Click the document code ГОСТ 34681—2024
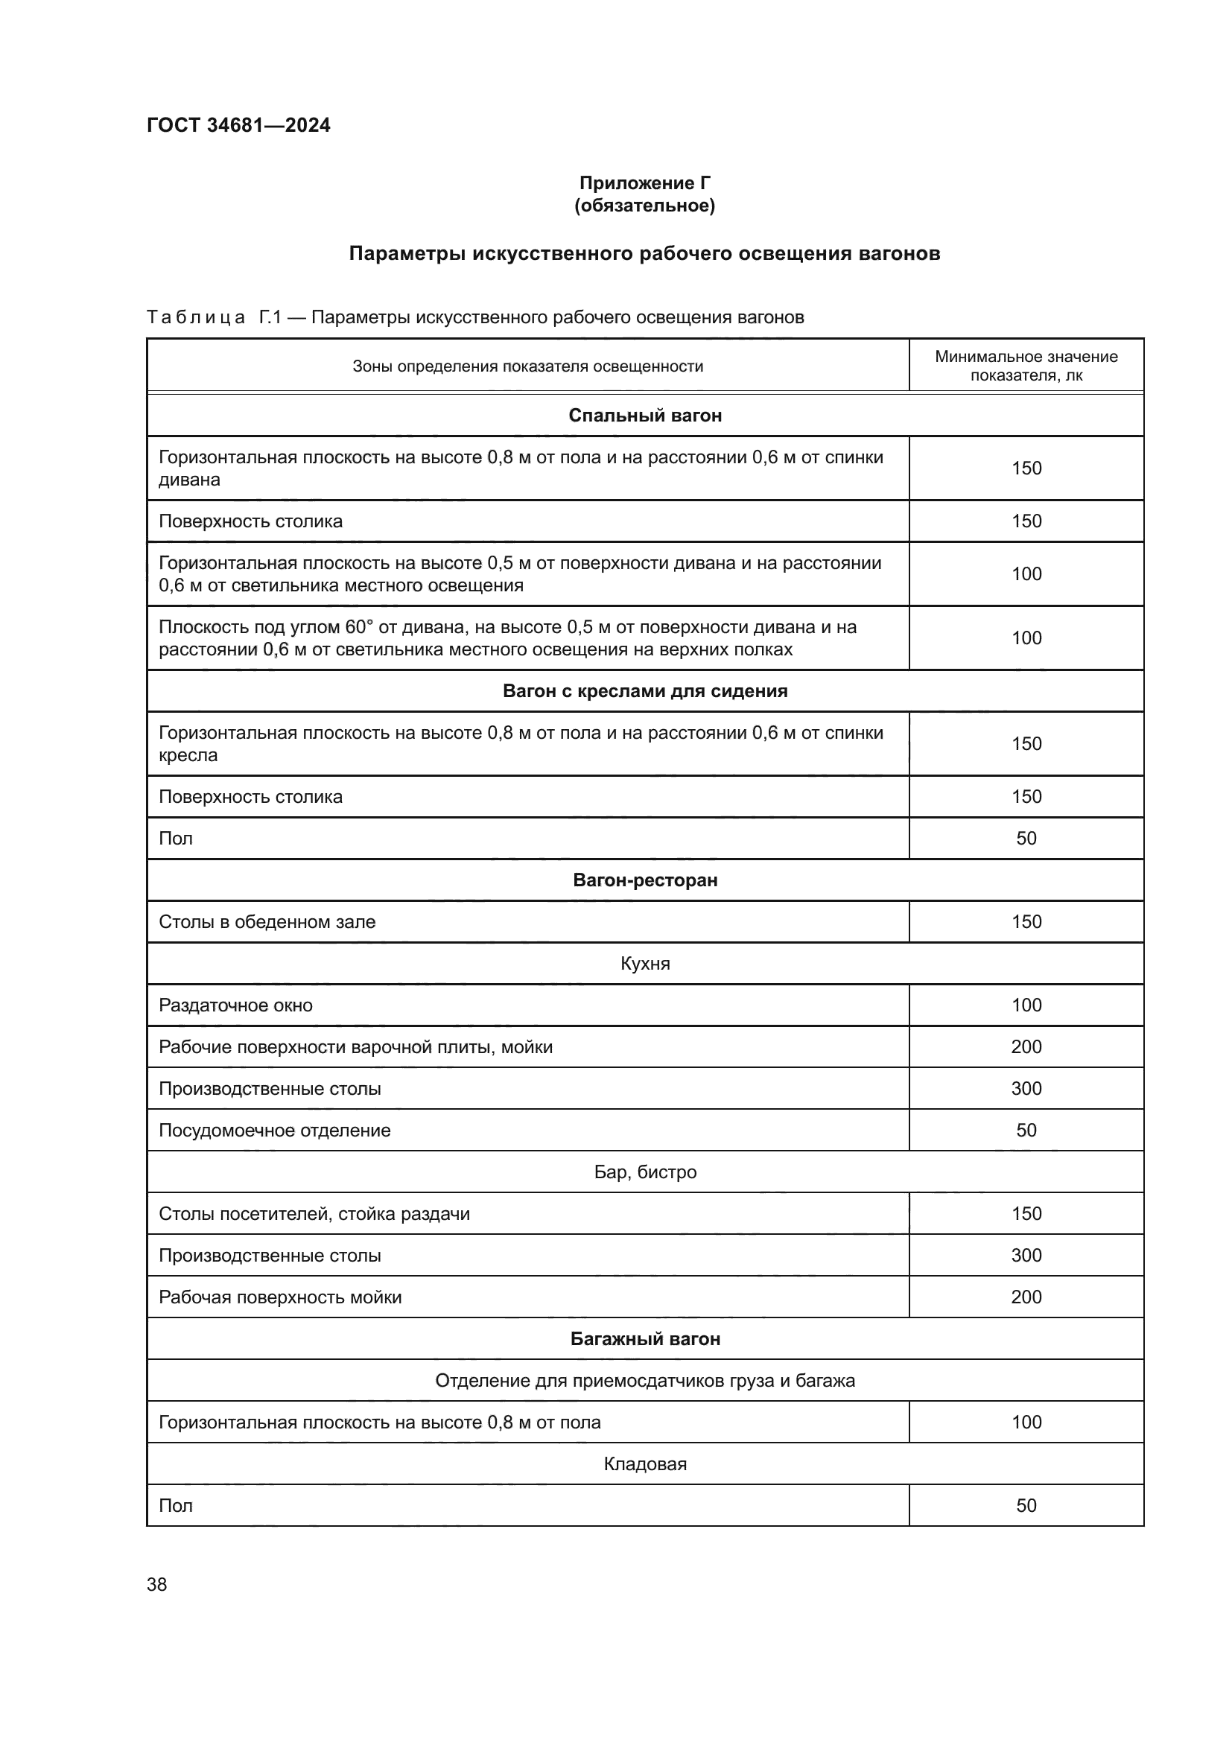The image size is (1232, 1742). point(238,125)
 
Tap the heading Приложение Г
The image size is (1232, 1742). point(645,183)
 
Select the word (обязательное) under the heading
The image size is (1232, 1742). point(645,206)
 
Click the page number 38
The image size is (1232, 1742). point(157,1584)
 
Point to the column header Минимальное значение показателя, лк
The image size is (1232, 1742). point(1026,366)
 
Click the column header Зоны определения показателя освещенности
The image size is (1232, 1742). point(528,366)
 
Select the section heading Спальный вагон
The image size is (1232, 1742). point(645,416)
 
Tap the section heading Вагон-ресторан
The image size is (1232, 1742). point(645,880)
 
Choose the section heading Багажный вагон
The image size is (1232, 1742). point(645,1338)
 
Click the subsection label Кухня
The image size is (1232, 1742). point(645,964)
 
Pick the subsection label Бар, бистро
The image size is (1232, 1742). point(645,1172)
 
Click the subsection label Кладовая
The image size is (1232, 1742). point(645,1463)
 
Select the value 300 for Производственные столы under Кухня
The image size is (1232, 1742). point(1026,1088)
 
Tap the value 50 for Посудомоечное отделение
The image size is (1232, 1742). point(1026,1130)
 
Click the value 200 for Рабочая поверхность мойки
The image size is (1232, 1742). point(1026,1297)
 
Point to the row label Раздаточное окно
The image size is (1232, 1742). point(235,1005)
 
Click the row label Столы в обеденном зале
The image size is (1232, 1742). point(267,922)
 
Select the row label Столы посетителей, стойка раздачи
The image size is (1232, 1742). point(314,1213)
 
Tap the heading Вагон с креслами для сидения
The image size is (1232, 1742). point(645,691)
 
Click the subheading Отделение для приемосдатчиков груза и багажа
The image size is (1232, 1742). point(645,1380)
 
